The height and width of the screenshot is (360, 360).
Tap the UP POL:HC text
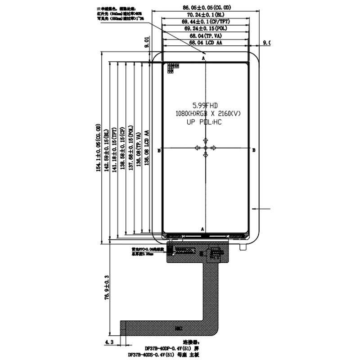[205, 122]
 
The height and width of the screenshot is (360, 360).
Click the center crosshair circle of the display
[206, 148]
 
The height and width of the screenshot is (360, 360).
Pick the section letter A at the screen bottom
[202, 229]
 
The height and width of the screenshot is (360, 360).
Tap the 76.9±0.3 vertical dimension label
[107, 288]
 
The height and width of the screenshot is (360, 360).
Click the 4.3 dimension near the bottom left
[108, 342]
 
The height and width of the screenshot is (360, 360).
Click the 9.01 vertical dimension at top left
[147, 43]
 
